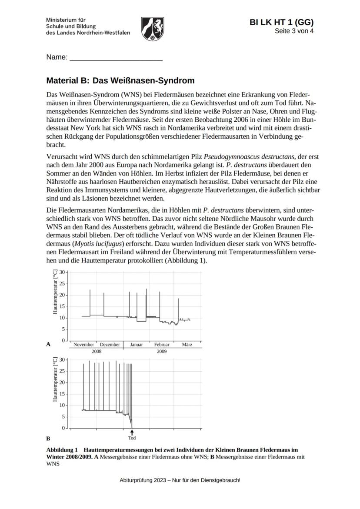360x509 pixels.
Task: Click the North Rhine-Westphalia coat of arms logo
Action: [153, 29]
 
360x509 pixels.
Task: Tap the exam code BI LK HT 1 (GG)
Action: [281, 23]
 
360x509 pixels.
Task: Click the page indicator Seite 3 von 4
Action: [293, 31]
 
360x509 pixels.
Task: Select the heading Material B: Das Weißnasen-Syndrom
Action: [120, 81]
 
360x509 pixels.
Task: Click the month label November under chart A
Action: [83, 345]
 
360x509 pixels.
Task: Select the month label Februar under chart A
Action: [162, 345]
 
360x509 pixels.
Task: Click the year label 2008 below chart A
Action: [96, 351]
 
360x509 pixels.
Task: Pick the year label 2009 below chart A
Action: [162, 351]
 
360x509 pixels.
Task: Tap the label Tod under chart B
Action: [132, 438]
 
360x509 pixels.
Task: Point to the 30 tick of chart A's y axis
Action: [62, 272]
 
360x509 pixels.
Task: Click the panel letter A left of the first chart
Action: [49, 344]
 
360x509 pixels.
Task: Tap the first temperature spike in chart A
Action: [90, 301]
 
